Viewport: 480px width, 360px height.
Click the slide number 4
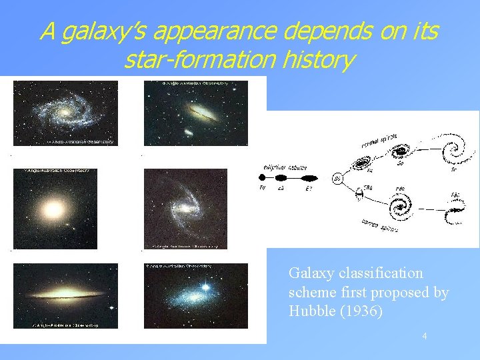[x=424, y=336]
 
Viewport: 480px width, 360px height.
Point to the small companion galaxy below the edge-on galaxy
[x=189, y=132]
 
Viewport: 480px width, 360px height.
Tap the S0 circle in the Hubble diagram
[x=338, y=179]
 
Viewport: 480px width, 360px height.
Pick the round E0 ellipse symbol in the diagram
[x=262, y=179]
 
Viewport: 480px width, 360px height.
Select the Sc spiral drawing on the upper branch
[x=455, y=151]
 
